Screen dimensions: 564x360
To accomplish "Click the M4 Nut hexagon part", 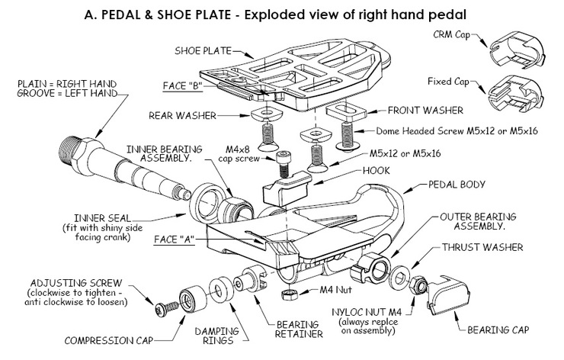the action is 289,294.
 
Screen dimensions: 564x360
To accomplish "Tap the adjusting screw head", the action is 160,310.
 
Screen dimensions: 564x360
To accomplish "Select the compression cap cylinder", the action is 194,299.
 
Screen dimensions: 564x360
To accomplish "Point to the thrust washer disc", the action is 399,278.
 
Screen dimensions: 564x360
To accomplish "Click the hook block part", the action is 287,188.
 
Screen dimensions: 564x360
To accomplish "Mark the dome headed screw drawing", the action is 347,136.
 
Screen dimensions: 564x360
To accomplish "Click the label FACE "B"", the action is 182,86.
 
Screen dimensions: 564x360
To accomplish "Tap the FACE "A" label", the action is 174,239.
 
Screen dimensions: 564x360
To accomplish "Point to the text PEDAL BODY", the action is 457,185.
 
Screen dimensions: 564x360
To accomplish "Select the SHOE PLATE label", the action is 203,51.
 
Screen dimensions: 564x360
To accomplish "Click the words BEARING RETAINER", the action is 299,329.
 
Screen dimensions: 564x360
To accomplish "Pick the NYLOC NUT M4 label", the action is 367,312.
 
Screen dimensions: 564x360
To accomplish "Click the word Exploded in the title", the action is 275,14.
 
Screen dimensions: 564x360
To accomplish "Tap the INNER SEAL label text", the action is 103,218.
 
